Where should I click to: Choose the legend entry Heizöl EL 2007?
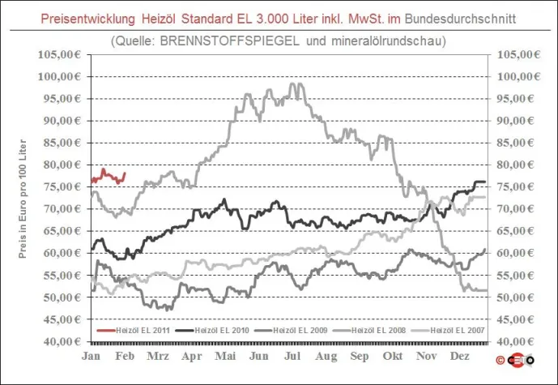point(459,331)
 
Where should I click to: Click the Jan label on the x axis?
point(92,356)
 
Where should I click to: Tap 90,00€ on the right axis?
point(516,120)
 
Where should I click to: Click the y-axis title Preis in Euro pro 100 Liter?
point(24,197)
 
